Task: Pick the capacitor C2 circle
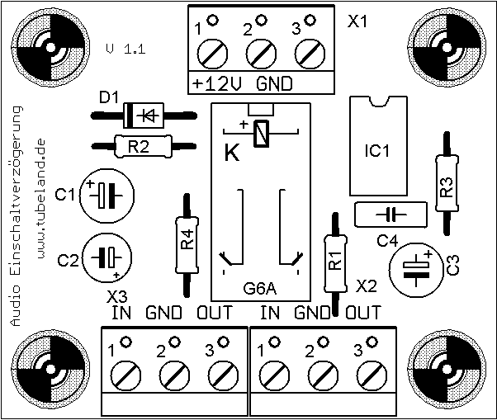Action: [106, 258]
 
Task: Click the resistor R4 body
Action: [188, 243]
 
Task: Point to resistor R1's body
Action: [334, 262]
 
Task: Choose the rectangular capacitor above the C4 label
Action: [390, 215]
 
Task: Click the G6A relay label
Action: [260, 289]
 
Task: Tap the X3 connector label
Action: [117, 296]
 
